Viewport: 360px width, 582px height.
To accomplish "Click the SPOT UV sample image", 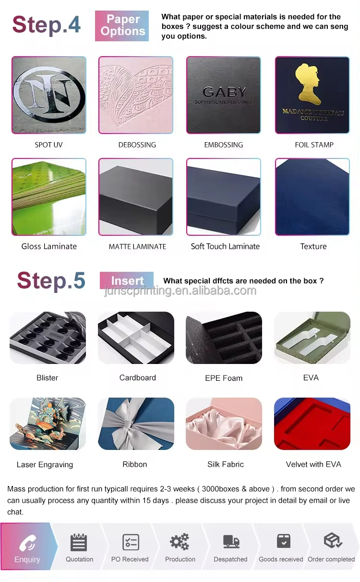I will click(x=49, y=95).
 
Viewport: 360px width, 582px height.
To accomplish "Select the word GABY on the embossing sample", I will click(x=224, y=92).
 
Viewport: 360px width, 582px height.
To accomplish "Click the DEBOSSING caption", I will click(x=137, y=145).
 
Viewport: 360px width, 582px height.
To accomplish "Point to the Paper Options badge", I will click(x=122, y=25).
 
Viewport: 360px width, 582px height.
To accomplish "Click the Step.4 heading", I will click(x=47, y=24).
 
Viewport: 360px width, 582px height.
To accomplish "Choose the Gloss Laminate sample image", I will click(x=49, y=197).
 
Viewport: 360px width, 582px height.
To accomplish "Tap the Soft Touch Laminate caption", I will click(x=225, y=246).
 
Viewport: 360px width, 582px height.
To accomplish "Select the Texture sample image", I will click(x=312, y=197).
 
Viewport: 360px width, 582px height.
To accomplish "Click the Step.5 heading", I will click(x=51, y=280).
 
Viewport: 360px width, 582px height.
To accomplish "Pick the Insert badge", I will click(x=127, y=280).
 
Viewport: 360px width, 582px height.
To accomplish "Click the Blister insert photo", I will click(x=48, y=338).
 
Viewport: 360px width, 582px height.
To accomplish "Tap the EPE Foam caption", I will click(x=224, y=378).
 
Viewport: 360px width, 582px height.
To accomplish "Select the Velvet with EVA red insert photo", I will click(x=312, y=424).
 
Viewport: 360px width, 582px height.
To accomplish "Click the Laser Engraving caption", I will click(x=45, y=464).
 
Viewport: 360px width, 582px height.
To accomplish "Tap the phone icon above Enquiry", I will click(x=27, y=543).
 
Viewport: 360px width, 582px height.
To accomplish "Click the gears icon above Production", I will click(x=180, y=542).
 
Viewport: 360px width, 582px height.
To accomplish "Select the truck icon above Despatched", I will click(x=231, y=542).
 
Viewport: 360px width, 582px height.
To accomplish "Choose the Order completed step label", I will click(x=331, y=559).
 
